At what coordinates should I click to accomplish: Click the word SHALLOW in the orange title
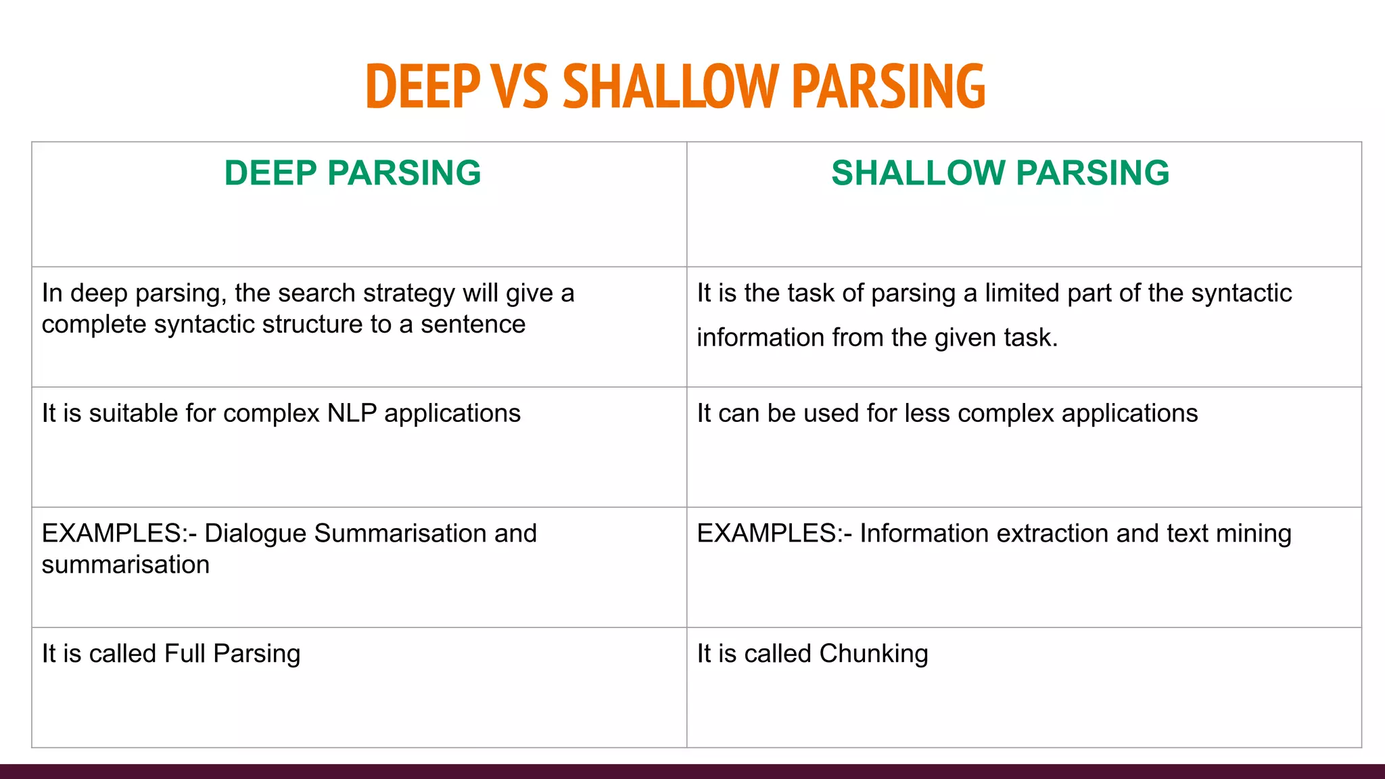pyautogui.click(x=671, y=86)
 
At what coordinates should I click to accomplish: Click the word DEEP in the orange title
pyautogui.click(x=423, y=86)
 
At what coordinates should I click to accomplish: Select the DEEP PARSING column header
pyautogui.click(x=352, y=173)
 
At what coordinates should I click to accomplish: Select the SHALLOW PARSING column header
pyautogui.click(x=1000, y=173)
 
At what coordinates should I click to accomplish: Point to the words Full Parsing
pyautogui.click(x=232, y=654)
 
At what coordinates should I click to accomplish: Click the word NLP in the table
pyautogui.click(x=352, y=413)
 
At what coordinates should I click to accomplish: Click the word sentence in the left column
pyautogui.click(x=473, y=325)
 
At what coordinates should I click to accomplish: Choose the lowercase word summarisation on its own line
pyautogui.click(x=126, y=565)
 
